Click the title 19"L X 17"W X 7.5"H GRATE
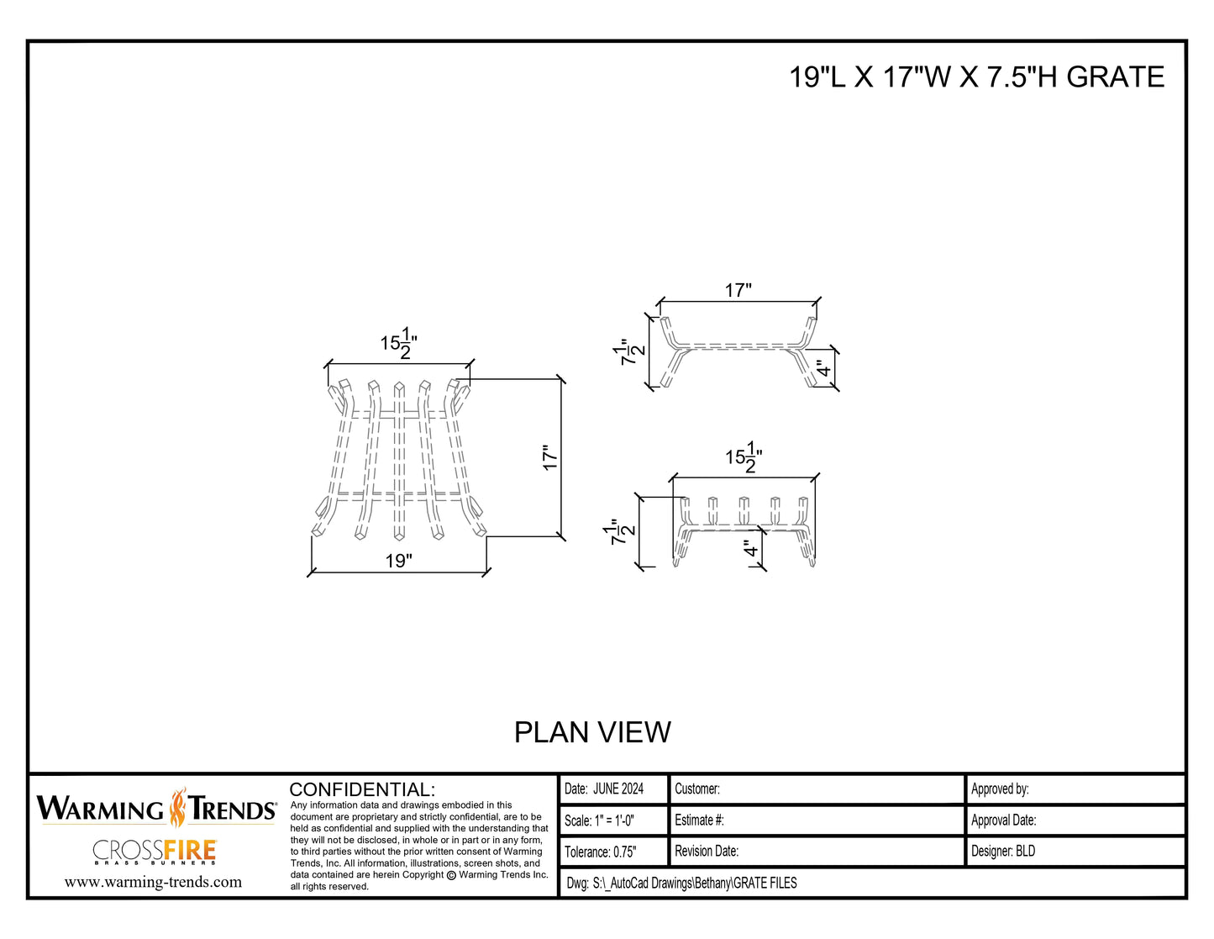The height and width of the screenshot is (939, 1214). click(x=976, y=77)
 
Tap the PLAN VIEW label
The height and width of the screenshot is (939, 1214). click(x=592, y=732)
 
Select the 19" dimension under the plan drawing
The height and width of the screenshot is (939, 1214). click(x=399, y=561)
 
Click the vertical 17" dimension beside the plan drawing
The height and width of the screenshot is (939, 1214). click(x=550, y=457)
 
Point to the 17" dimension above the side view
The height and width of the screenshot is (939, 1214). click(x=738, y=290)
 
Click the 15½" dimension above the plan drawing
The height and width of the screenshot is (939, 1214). click(x=399, y=343)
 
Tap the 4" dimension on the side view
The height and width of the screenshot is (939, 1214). click(x=824, y=368)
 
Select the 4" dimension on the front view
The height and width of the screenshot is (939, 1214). click(x=751, y=550)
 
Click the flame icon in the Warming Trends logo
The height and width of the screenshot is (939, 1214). click(x=177, y=808)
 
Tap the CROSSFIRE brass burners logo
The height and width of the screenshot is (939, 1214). click(x=155, y=852)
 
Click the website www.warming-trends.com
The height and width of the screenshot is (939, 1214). click(x=153, y=882)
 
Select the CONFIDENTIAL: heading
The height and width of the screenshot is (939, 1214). click(x=362, y=789)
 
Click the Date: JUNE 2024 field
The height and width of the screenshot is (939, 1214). click(x=604, y=789)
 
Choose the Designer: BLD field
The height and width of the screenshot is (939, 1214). click(x=1003, y=851)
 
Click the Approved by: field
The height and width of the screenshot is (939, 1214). click(x=1000, y=789)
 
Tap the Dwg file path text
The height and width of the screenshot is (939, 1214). click(x=681, y=883)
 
